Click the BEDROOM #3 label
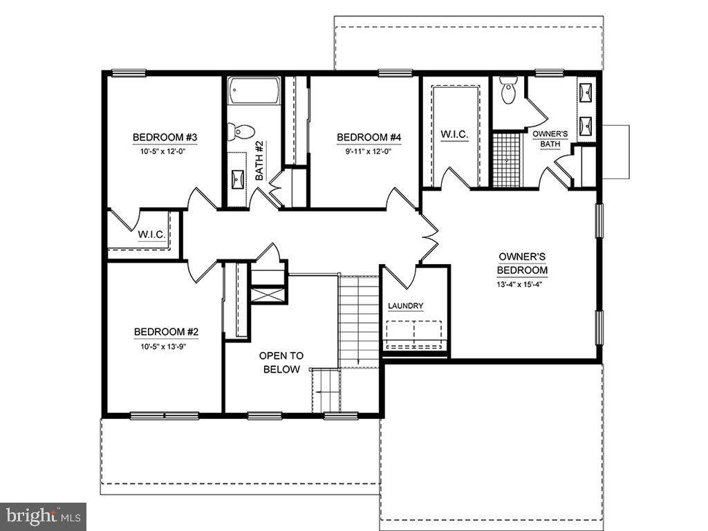click(x=165, y=137)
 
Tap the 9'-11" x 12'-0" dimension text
click(x=369, y=151)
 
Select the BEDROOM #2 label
click(x=166, y=332)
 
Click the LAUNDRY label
click(x=405, y=306)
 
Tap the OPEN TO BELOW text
click(x=281, y=362)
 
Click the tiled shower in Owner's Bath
click(x=506, y=160)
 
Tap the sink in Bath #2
click(x=238, y=180)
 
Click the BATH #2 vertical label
click(x=259, y=160)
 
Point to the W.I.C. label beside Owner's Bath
click(x=454, y=134)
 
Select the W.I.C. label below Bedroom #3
click(x=151, y=235)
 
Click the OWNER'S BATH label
click(x=550, y=139)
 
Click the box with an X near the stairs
click(x=268, y=296)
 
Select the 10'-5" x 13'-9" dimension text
click(x=163, y=347)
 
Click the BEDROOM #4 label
click(x=369, y=137)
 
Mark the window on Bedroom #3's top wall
click(x=129, y=73)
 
